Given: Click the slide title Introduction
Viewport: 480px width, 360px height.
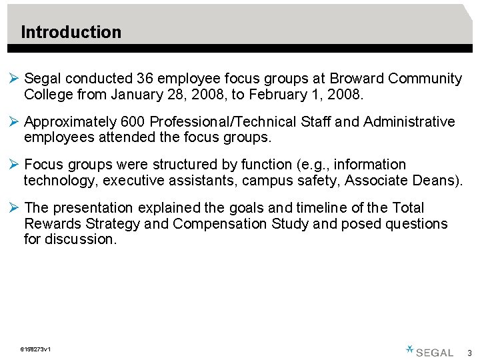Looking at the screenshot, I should point(71,32).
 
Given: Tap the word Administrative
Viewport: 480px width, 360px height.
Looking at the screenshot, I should point(409,122).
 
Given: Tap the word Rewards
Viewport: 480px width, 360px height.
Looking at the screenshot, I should point(53,223).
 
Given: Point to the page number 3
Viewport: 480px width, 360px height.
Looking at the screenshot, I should point(469,353).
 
